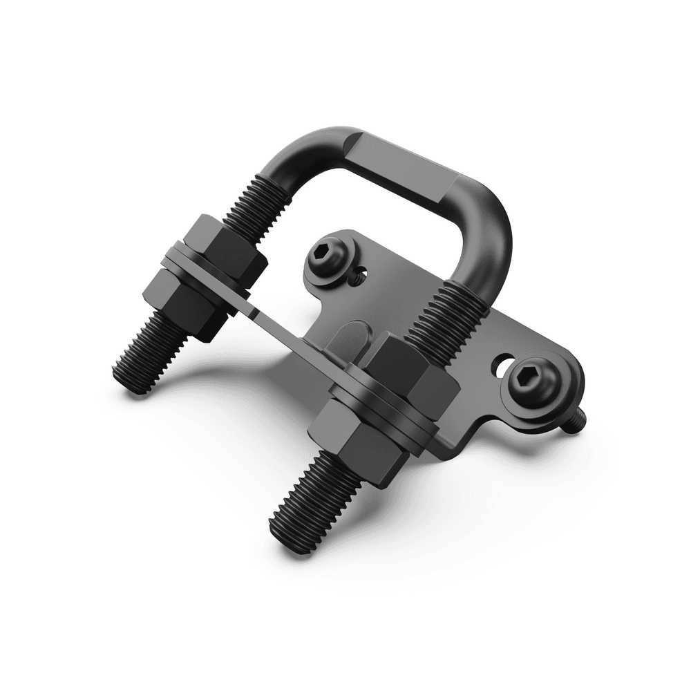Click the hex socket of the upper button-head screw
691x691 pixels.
click(x=325, y=257)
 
